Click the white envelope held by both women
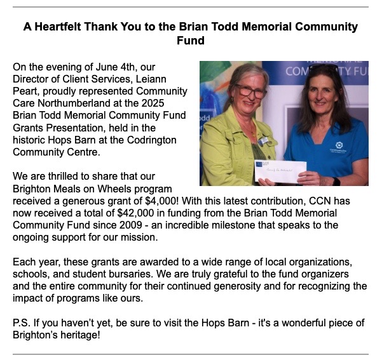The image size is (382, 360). [x=280, y=171]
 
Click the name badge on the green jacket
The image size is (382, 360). [x=263, y=140]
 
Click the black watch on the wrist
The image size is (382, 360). [x=336, y=181]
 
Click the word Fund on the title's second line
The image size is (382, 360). [x=191, y=41]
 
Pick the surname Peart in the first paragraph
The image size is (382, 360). [x=27, y=90]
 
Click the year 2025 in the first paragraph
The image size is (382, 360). [x=171, y=102]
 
